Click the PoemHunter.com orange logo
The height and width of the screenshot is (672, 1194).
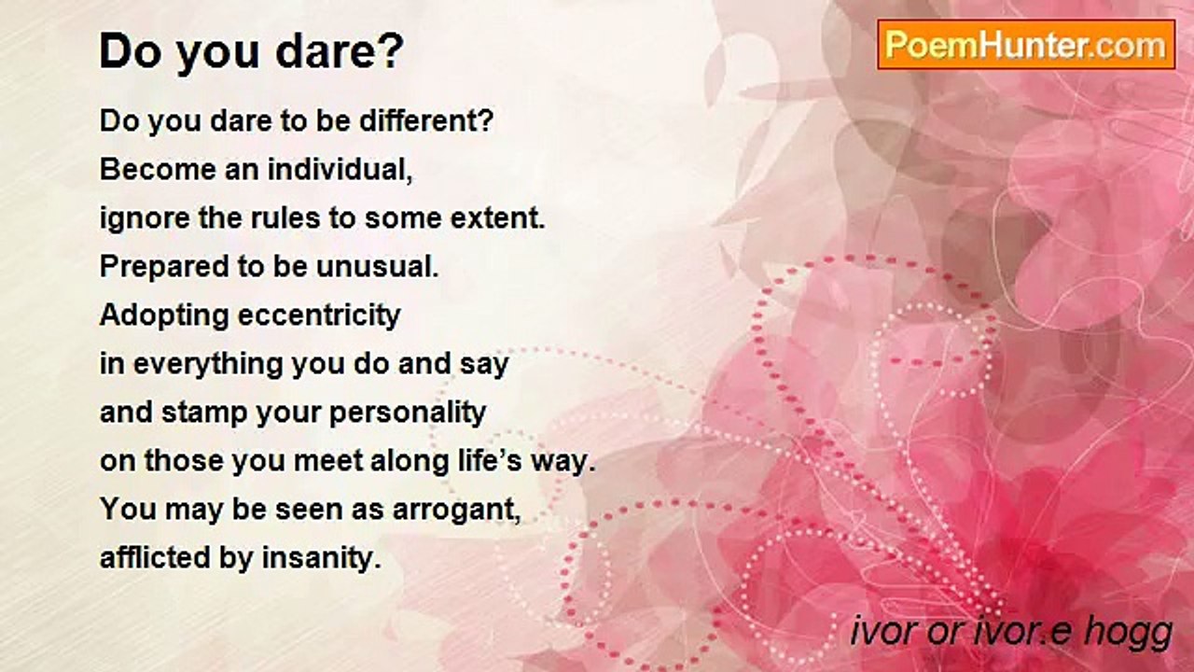(x=1026, y=45)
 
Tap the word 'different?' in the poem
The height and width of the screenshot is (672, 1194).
(x=427, y=120)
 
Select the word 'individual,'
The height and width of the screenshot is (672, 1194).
(x=340, y=170)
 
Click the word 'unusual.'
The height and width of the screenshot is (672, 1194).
(x=378, y=267)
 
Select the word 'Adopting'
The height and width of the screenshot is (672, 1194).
(x=164, y=315)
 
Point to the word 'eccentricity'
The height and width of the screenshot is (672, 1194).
(x=319, y=315)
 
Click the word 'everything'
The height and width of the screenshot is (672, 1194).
(x=207, y=364)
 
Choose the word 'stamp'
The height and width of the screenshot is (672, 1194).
(x=204, y=413)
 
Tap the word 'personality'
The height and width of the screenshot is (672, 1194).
(x=408, y=413)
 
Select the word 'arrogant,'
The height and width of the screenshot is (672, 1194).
(x=456, y=510)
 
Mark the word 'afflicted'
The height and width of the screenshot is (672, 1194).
(x=155, y=558)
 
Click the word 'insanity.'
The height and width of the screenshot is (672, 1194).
(x=322, y=558)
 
